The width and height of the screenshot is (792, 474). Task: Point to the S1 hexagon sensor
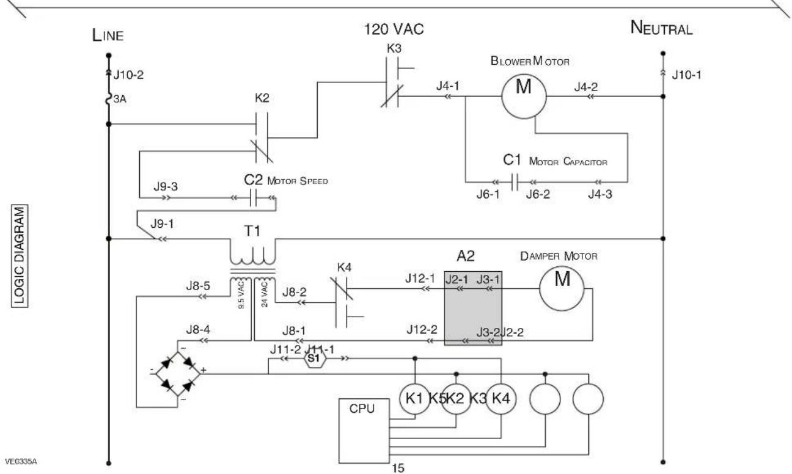(313, 359)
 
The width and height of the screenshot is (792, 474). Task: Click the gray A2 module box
(473, 308)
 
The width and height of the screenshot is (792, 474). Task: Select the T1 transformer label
(252, 231)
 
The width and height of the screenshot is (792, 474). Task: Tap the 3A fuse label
(120, 99)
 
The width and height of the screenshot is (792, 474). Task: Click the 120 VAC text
(394, 29)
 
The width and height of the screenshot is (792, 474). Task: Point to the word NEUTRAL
(661, 28)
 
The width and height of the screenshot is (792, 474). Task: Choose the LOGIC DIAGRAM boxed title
(20, 255)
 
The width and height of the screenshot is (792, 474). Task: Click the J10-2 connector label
(128, 75)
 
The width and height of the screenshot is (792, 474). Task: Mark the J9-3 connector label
(166, 187)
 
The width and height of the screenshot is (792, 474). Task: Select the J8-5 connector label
(198, 286)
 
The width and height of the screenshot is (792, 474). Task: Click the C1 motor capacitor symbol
(515, 182)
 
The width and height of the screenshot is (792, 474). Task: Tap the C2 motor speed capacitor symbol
(253, 198)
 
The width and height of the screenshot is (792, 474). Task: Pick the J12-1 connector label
(420, 279)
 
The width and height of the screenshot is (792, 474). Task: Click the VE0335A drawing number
(21, 462)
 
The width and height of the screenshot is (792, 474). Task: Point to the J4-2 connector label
(586, 87)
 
